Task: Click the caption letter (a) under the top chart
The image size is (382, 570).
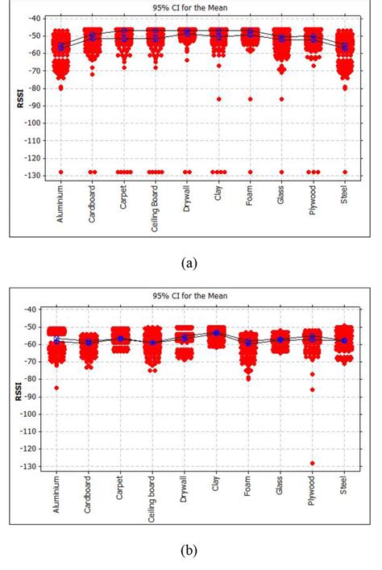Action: coord(190,262)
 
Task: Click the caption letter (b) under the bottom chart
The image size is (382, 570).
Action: coord(190,552)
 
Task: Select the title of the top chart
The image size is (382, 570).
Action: coord(190,7)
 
